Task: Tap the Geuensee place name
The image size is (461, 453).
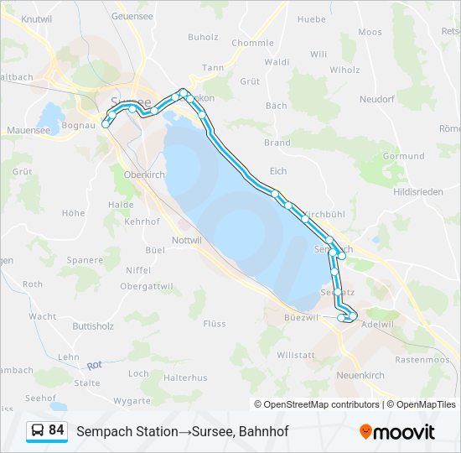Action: tap(132, 16)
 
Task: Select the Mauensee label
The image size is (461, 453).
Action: tap(28, 130)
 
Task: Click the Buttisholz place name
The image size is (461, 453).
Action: tap(92, 325)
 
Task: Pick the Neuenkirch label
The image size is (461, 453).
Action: tap(362, 374)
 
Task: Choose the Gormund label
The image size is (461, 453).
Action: tap(403, 156)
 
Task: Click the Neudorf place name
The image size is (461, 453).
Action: tap(378, 99)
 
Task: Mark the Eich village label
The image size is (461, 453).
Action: tap(278, 170)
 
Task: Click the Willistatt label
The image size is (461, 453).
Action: tap(295, 355)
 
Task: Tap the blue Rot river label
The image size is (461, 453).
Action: tap(94, 365)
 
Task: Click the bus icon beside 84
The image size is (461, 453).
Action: tap(38, 431)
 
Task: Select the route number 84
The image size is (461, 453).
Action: tap(57, 430)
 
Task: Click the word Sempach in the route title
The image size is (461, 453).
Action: tap(102, 431)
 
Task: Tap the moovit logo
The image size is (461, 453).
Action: tap(397, 431)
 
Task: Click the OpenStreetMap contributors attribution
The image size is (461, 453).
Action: tap(319, 404)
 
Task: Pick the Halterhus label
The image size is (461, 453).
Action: tap(185, 377)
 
